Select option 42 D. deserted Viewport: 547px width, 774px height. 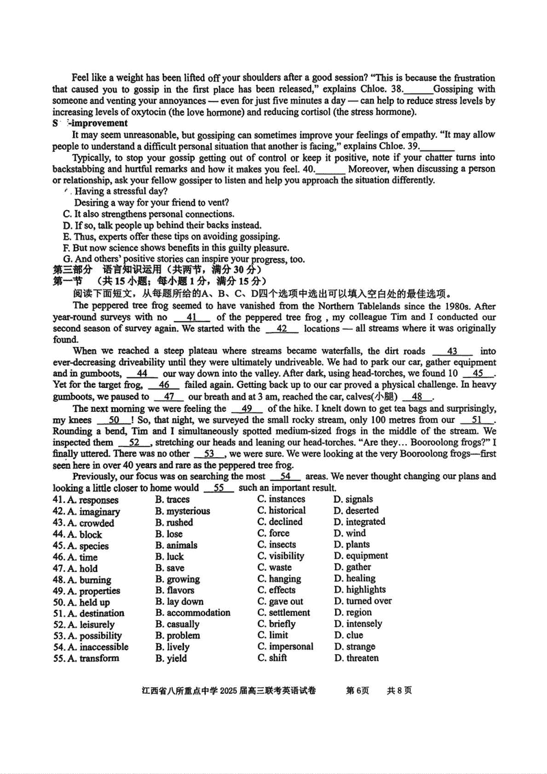click(x=356, y=511)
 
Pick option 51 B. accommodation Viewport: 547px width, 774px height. click(x=193, y=613)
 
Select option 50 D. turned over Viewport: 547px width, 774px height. click(x=362, y=602)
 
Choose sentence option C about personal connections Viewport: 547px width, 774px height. click(x=138, y=214)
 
